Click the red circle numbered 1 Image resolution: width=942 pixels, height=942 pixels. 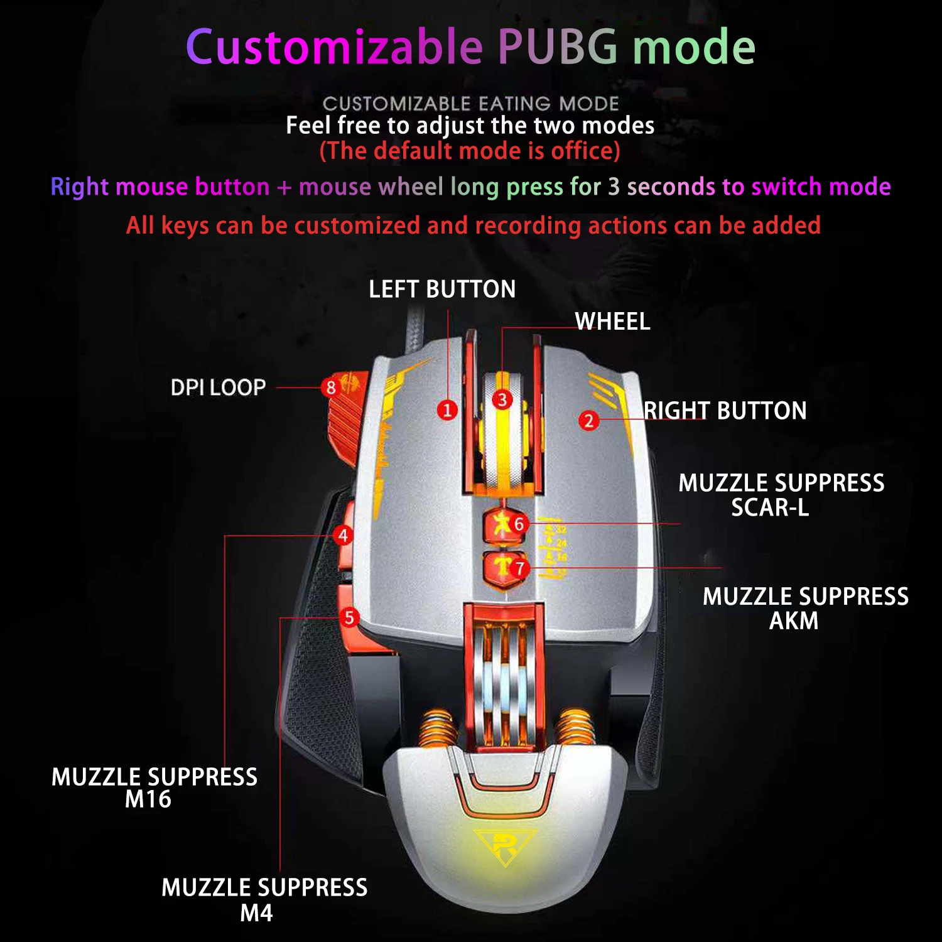[447, 410]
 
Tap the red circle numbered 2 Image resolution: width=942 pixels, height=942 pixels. [588, 420]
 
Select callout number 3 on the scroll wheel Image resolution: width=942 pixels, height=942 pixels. [502, 399]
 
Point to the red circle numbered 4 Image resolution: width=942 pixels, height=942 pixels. [343, 536]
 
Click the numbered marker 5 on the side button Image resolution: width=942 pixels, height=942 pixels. [349, 617]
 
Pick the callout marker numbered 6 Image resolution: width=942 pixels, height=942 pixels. [519, 524]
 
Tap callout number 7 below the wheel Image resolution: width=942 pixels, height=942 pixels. [519, 569]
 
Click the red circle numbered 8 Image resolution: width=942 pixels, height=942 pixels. [331, 387]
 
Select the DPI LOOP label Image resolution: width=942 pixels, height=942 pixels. [218, 387]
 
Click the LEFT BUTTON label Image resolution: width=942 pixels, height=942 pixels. [442, 290]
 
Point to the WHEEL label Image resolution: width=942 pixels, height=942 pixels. [612, 322]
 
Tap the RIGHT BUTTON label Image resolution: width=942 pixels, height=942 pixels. [725, 411]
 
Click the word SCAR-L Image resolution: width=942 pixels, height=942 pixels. [770, 507]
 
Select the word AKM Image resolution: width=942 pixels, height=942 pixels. [794, 621]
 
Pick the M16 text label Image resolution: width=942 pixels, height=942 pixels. [148, 799]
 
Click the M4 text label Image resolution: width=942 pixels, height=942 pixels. [256, 913]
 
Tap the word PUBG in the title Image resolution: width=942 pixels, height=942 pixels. [558, 47]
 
